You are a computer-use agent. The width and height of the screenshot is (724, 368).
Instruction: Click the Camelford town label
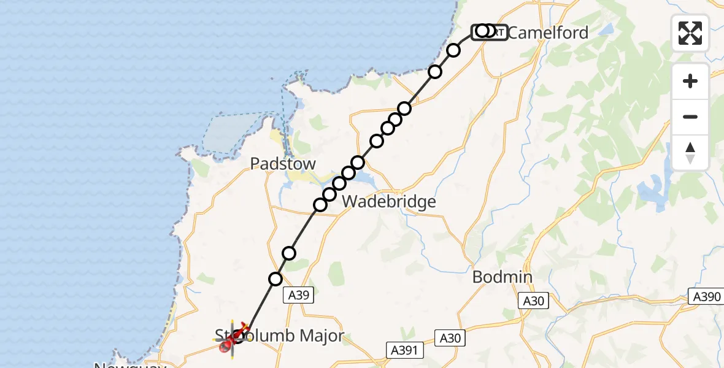click(x=548, y=33)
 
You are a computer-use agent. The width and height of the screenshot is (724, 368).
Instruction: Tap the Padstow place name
click(x=283, y=164)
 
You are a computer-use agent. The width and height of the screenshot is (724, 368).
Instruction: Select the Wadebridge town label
click(x=388, y=201)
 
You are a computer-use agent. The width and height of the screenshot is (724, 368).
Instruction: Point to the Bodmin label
click(x=503, y=277)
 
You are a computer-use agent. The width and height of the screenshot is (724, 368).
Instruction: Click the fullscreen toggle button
click(x=690, y=33)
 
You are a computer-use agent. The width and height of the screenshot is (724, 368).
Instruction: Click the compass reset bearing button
click(x=690, y=153)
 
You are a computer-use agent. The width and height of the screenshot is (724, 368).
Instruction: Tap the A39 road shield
click(x=299, y=296)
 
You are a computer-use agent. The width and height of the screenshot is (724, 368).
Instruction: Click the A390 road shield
click(x=706, y=297)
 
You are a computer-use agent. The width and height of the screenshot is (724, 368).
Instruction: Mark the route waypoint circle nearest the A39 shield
click(x=276, y=279)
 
